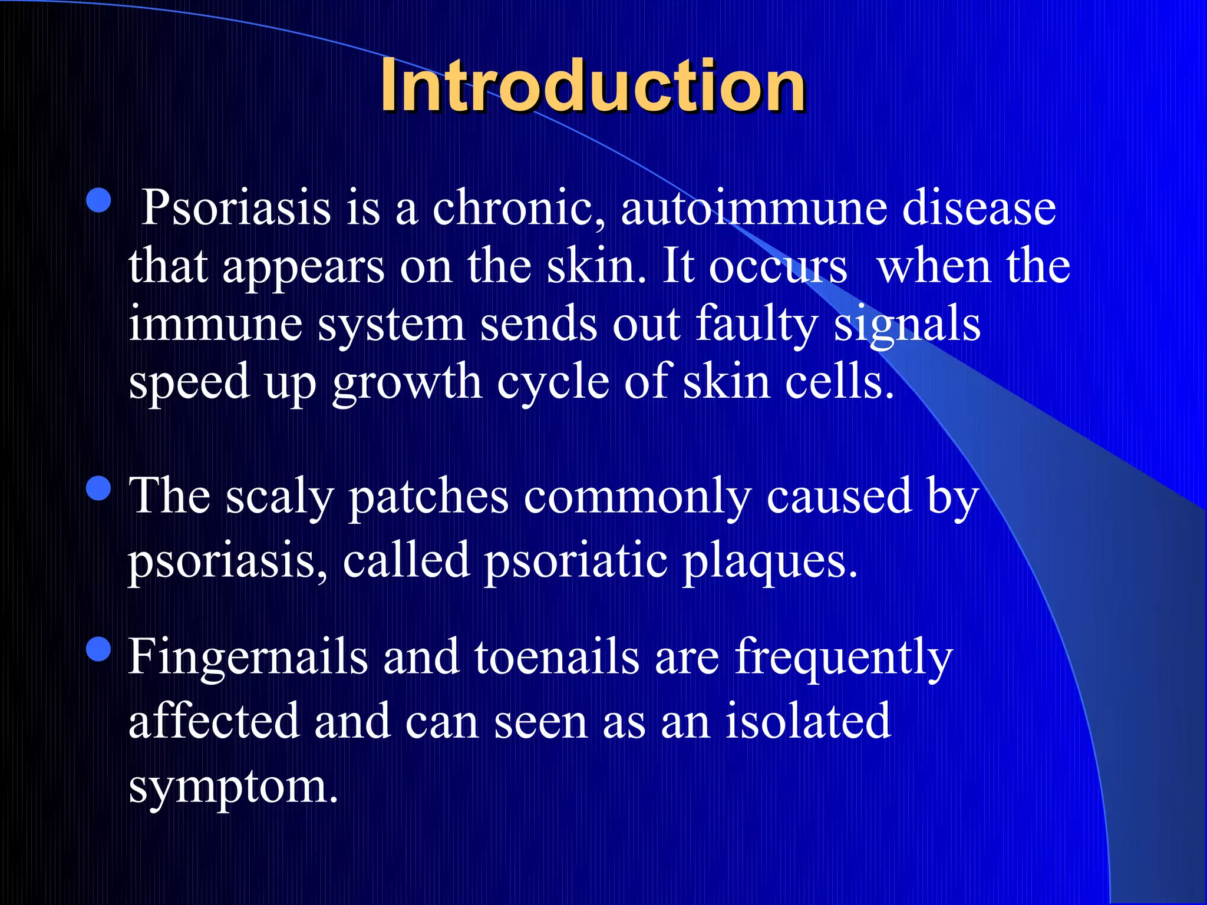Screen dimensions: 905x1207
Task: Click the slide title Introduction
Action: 592,87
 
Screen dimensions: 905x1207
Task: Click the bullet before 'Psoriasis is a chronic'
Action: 98,200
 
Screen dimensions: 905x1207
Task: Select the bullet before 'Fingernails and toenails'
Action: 98,649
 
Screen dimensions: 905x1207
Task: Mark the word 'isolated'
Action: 808,721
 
